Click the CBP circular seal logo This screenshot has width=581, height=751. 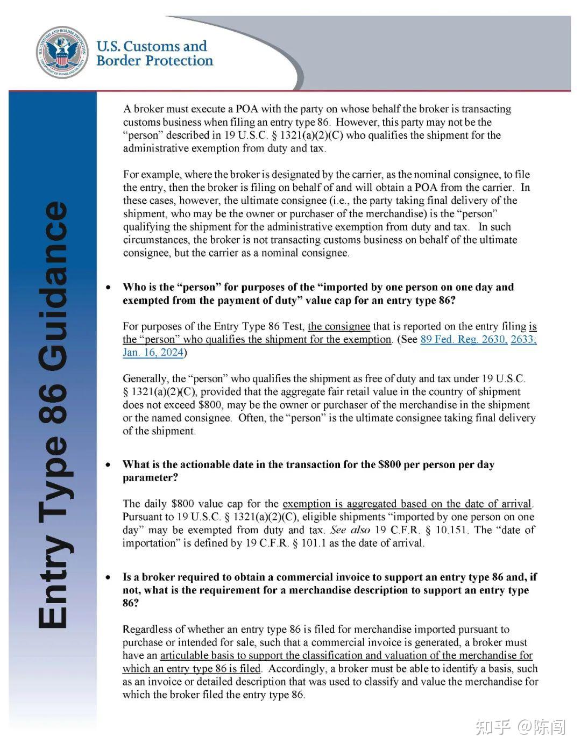click(x=62, y=52)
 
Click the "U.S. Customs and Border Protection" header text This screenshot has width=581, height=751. click(x=154, y=53)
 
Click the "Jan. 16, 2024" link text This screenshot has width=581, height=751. click(x=153, y=353)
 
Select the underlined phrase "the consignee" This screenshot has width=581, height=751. click(x=338, y=326)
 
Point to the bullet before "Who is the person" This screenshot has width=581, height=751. click(x=109, y=288)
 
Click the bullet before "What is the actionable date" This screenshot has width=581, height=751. click(x=109, y=465)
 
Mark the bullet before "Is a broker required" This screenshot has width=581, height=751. click(x=109, y=578)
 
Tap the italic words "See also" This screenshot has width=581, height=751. click(x=350, y=530)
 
